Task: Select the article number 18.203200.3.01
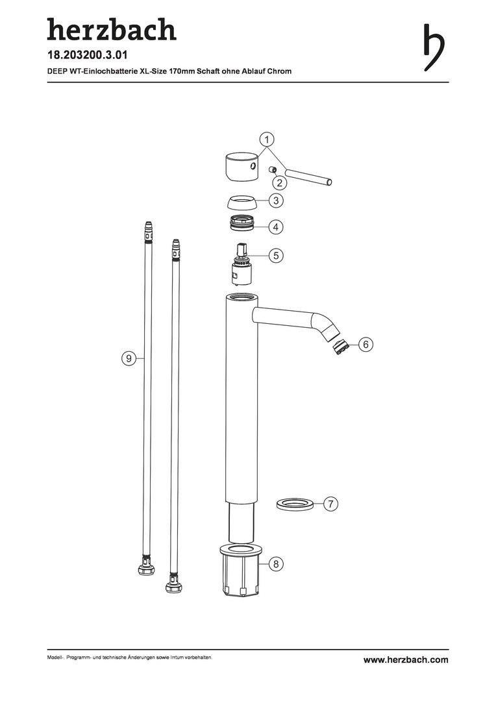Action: (x=87, y=55)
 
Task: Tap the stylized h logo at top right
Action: (x=434, y=47)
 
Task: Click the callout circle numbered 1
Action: (x=267, y=139)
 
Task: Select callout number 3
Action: (x=276, y=201)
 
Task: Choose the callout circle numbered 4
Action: (x=276, y=227)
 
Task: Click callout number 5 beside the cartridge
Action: (x=276, y=255)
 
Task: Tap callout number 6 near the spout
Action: (x=366, y=345)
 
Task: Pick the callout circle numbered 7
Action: (x=330, y=504)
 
